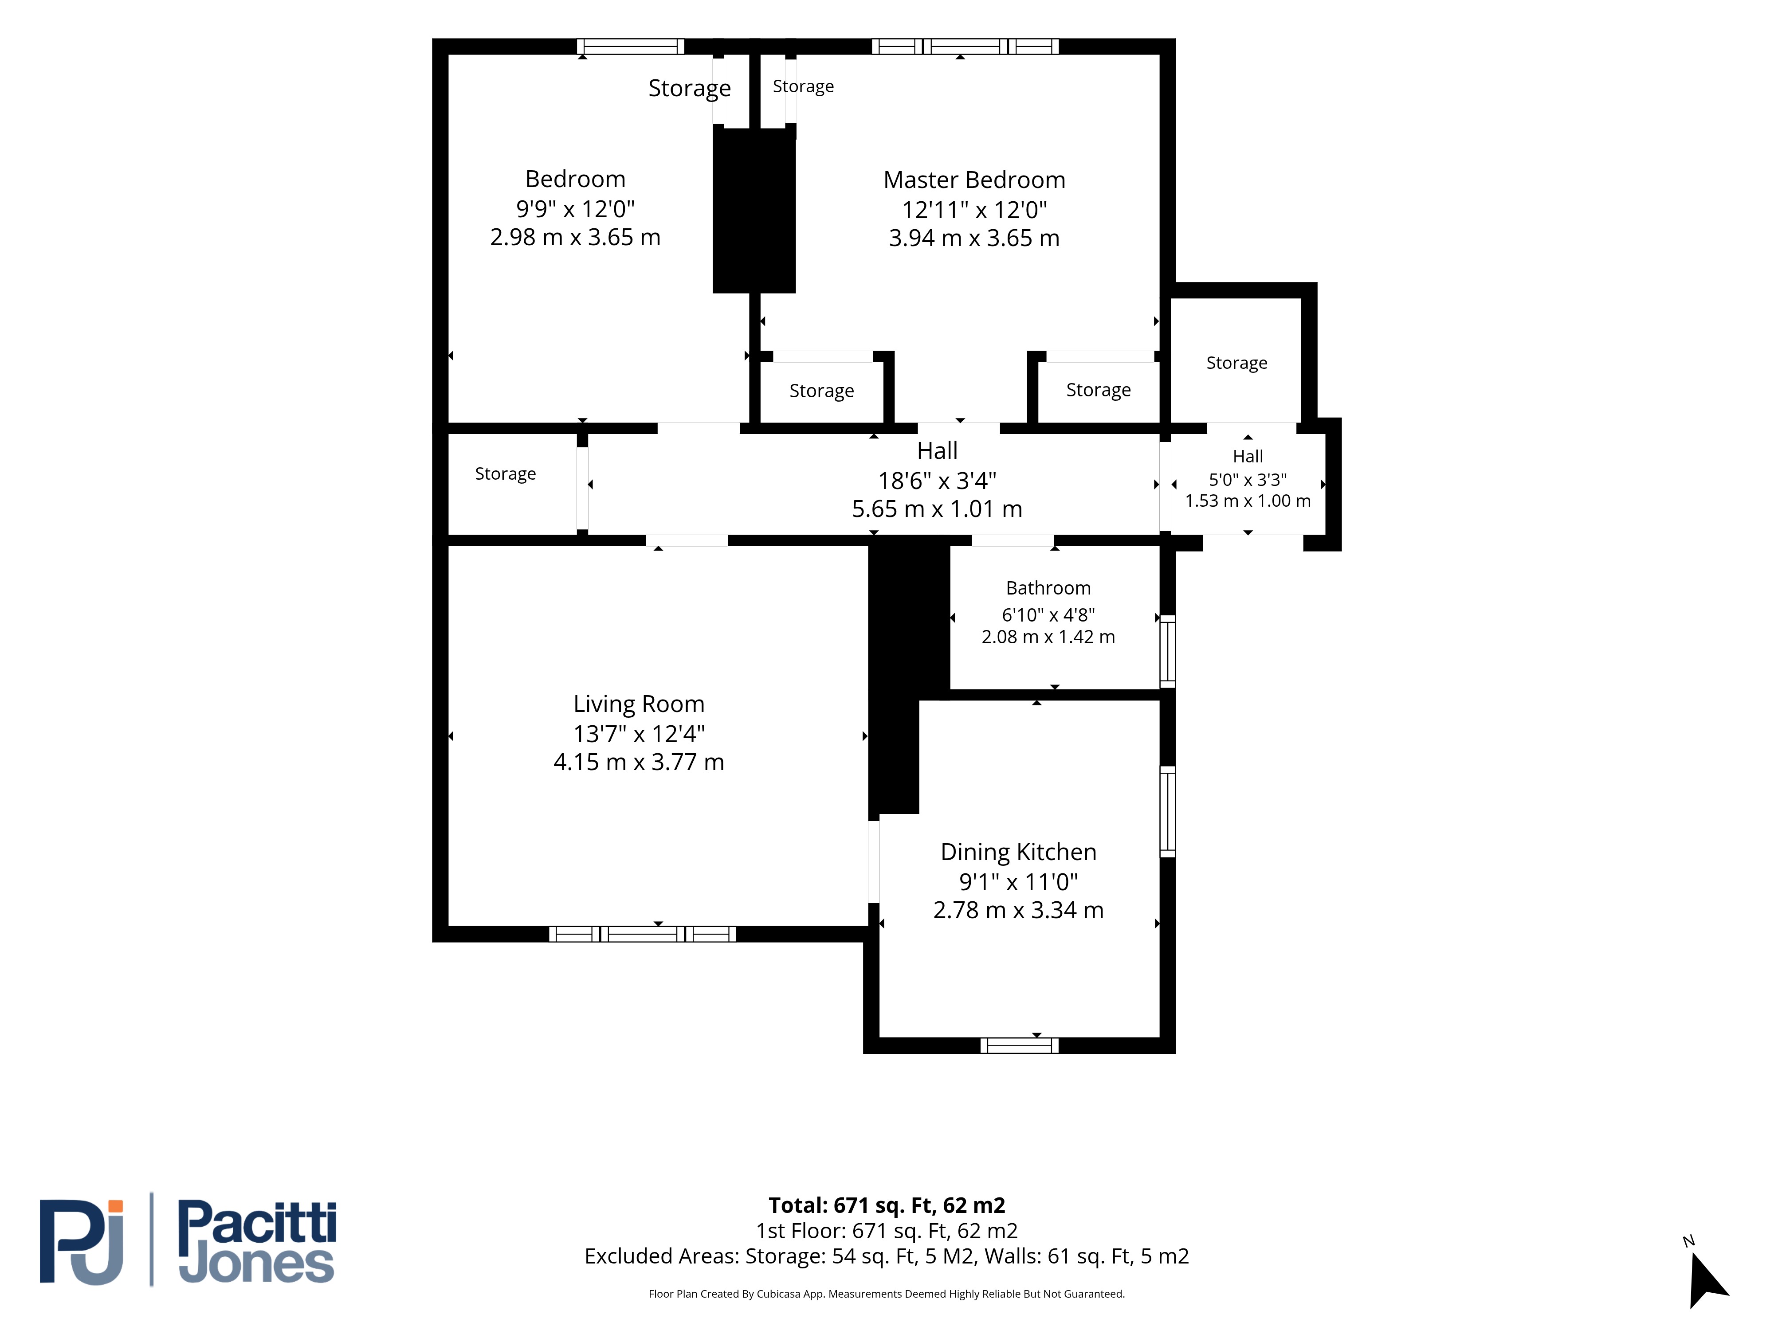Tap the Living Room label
tap(638, 704)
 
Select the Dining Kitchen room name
tap(1019, 852)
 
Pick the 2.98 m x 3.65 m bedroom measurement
tap(575, 237)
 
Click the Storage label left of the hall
tap(505, 474)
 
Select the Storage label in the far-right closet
tap(1236, 363)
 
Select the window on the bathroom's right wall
tap(1168, 651)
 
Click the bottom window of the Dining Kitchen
tap(1019, 1045)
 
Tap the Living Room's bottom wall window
tap(642, 934)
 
